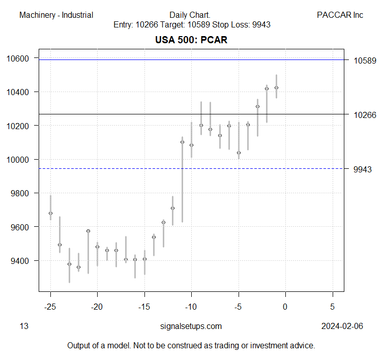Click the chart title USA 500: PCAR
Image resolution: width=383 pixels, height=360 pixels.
click(191, 40)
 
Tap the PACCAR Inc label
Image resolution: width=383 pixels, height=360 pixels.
click(340, 15)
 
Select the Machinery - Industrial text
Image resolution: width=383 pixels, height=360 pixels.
click(56, 15)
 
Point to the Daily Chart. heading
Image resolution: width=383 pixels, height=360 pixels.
click(191, 15)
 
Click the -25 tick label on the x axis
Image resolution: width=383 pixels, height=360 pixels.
click(50, 307)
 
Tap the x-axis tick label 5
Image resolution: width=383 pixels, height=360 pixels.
click(332, 307)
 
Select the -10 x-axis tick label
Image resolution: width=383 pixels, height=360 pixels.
click(191, 307)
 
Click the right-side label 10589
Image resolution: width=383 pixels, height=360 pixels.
click(365, 61)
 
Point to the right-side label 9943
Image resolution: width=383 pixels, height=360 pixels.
click(363, 169)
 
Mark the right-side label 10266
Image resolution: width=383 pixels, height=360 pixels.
click(365, 115)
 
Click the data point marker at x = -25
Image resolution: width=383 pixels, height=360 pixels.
click(50, 213)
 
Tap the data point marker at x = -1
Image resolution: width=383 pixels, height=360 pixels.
click(276, 87)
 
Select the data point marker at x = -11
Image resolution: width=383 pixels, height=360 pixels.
click(182, 142)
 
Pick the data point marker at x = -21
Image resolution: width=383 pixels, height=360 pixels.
click(88, 231)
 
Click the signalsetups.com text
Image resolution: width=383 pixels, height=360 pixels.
click(191, 326)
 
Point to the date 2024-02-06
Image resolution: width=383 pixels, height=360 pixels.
click(342, 326)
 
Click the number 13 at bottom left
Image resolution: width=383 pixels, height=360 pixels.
click(23, 326)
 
